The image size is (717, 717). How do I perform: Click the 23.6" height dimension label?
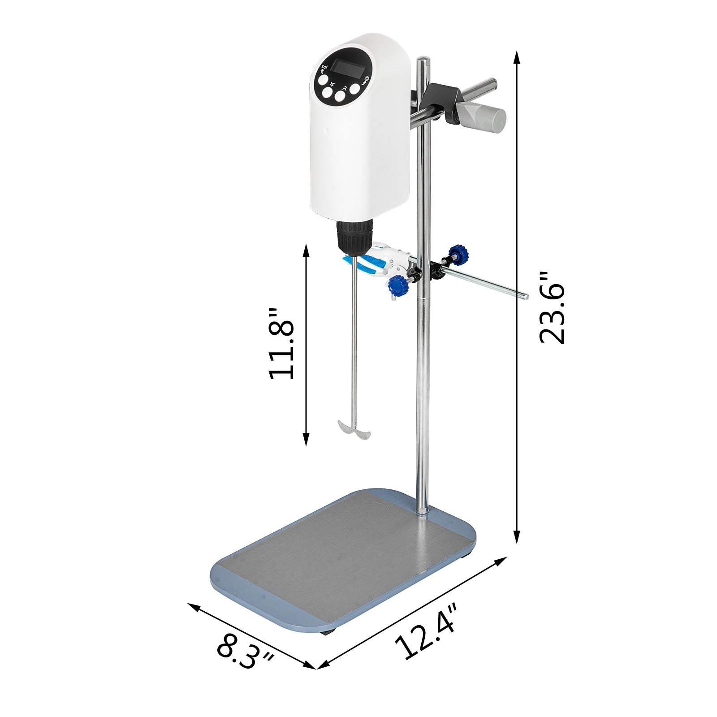(x=552, y=308)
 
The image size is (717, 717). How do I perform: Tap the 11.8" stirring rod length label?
(x=281, y=344)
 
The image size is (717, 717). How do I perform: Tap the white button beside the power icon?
(x=354, y=89)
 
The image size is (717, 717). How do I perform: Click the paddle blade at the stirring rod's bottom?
(x=354, y=430)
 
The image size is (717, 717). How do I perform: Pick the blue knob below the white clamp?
(x=398, y=285)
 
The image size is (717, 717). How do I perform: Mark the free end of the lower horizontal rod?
(x=525, y=296)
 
